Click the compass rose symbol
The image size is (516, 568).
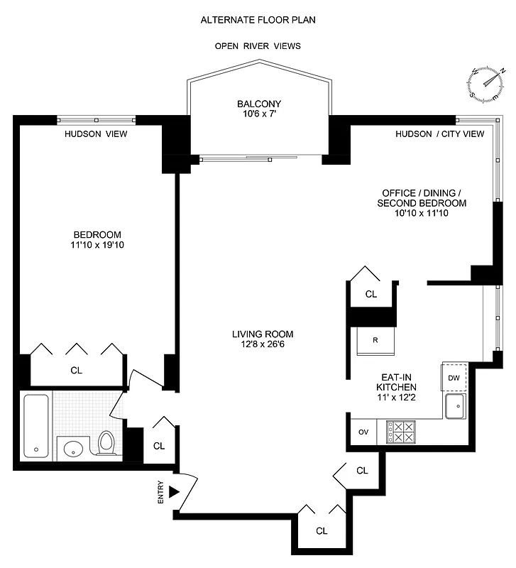488,82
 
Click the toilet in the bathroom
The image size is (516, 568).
107,443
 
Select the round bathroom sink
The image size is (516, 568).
73,449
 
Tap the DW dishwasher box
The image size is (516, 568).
454,378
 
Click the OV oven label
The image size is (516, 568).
363,432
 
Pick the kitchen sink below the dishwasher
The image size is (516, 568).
454,407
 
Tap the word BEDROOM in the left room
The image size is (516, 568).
97,235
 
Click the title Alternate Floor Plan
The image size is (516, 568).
258,20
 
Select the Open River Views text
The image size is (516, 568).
258,46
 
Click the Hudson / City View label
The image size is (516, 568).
439,133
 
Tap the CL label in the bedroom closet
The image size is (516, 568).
76,370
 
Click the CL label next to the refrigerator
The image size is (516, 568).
370,294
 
